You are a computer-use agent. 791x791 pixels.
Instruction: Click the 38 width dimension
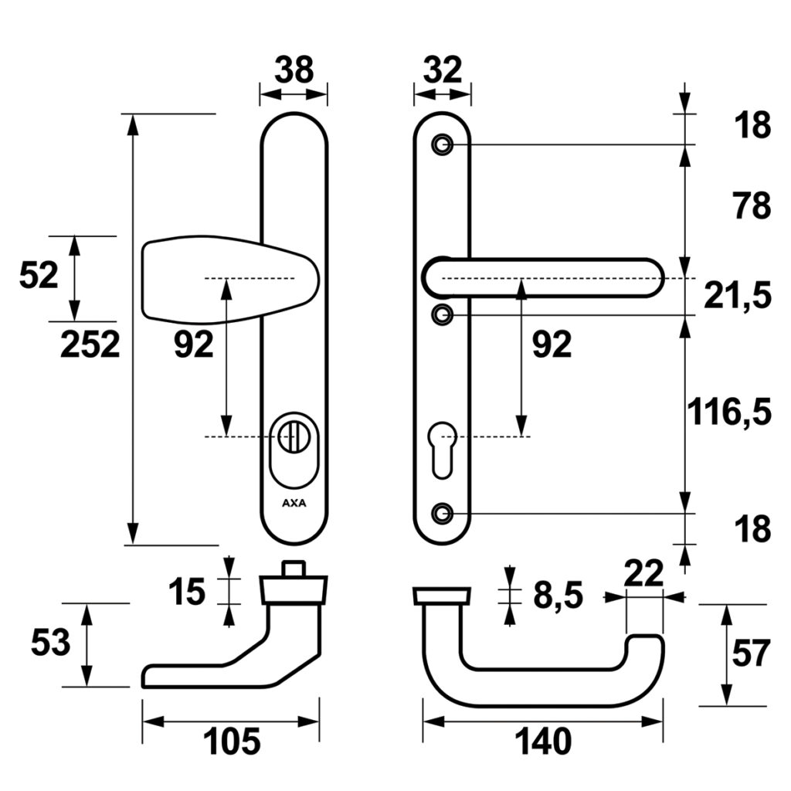coord(294,70)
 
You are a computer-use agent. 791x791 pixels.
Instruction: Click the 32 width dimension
coord(443,70)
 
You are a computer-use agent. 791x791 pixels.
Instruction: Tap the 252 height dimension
coord(90,345)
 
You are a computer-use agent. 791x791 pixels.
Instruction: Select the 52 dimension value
coord(39,276)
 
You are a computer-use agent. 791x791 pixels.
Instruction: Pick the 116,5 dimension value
coord(729,413)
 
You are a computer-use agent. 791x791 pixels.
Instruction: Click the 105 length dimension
coord(232,743)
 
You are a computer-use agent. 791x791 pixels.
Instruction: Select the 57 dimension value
coord(750,654)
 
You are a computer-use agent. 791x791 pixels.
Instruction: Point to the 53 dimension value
coord(50,643)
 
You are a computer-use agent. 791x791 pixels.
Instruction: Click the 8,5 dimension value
coord(557,596)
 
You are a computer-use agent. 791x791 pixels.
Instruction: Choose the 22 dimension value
coord(643,574)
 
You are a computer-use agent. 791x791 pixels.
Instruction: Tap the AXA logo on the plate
coord(294,502)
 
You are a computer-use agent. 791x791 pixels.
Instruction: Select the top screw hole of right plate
coord(443,144)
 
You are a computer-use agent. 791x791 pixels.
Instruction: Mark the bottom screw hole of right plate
coord(443,512)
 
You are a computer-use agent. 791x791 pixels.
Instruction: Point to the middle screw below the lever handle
coord(443,314)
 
